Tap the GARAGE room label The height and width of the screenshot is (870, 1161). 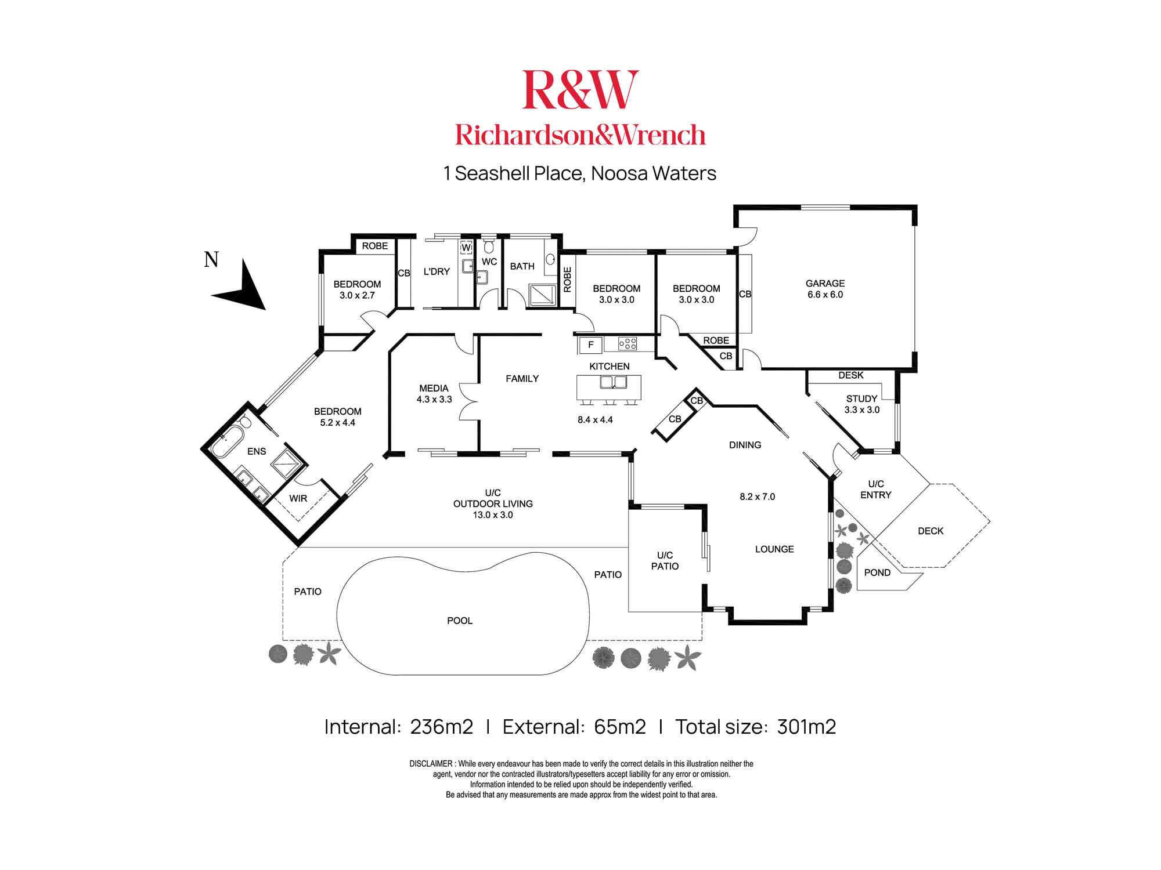[x=825, y=284]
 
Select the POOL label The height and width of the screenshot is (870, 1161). [x=460, y=621]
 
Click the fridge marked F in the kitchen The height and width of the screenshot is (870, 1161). [x=590, y=345]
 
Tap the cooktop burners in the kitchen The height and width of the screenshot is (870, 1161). [x=628, y=344]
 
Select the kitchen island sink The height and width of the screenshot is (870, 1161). [x=614, y=382]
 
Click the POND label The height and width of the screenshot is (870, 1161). [x=877, y=572]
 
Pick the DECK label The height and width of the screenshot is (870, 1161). [x=931, y=531]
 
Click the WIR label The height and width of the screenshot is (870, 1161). [x=298, y=498]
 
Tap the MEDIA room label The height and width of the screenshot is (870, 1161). [x=434, y=388]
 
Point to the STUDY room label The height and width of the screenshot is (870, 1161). [x=861, y=398]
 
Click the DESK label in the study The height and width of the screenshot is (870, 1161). [x=851, y=375]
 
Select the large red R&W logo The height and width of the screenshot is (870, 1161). [x=580, y=89]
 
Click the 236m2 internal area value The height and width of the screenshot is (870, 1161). [x=441, y=727]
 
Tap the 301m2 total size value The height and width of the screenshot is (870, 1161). [x=806, y=727]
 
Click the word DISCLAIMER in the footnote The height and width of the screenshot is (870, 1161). [x=431, y=764]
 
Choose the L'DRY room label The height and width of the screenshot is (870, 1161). [x=437, y=271]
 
